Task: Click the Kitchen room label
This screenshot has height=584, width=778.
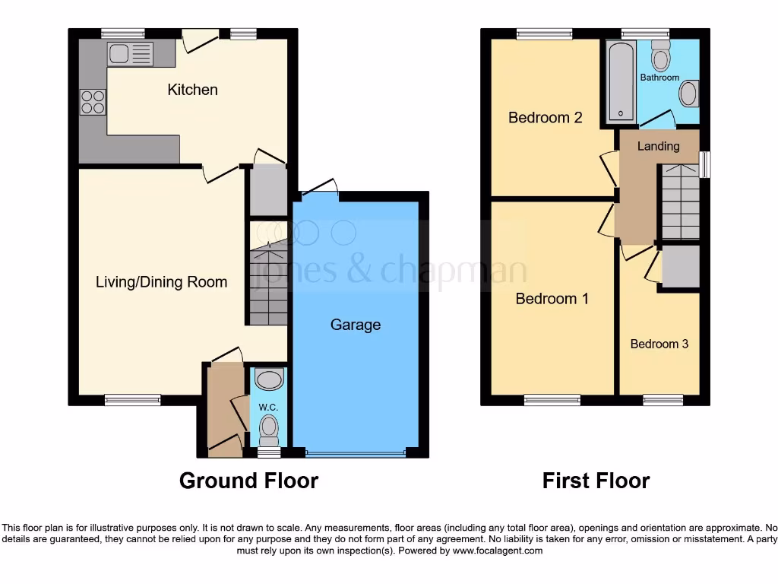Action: (192, 90)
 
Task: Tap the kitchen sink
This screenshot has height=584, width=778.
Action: (130, 54)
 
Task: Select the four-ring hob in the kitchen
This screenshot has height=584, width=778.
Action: (93, 102)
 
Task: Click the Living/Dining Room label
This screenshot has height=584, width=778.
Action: (161, 282)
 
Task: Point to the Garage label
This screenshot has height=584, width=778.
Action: (355, 325)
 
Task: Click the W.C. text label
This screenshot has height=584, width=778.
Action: (268, 408)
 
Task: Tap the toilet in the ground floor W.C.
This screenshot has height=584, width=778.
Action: (269, 431)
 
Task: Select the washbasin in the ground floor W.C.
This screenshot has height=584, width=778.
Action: (269, 379)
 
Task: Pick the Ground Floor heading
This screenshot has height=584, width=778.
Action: (248, 481)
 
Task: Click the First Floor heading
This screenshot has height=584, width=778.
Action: (596, 481)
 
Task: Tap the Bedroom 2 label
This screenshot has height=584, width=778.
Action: (545, 118)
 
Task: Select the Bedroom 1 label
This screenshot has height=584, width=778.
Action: (552, 299)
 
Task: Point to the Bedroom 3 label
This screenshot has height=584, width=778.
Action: (659, 344)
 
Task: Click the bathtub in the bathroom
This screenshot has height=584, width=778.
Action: (621, 82)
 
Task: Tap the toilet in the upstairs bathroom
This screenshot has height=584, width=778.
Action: (660, 55)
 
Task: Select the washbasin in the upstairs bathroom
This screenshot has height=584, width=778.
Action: (688, 94)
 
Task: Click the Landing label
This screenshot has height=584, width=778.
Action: (658, 146)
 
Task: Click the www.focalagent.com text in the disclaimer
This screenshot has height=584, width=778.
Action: (497, 551)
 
